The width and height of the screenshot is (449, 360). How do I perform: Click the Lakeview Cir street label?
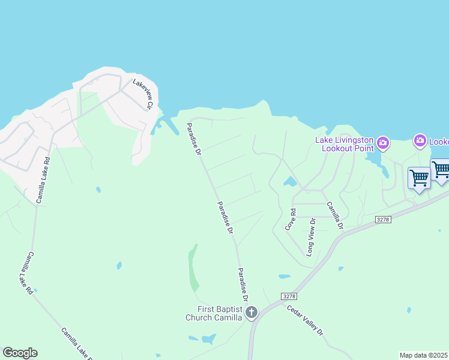pyautogui.click(x=143, y=95)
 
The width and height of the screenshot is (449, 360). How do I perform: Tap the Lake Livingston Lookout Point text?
pyautogui.click(x=345, y=144)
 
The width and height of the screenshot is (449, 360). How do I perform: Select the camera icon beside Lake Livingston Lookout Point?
pyautogui.click(x=383, y=143)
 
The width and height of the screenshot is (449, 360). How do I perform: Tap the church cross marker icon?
pyautogui.click(x=252, y=312)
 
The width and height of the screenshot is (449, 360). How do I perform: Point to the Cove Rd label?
pyautogui.click(x=291, y=220)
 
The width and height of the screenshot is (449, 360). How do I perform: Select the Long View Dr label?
pyautogui.click(x=311, y=238)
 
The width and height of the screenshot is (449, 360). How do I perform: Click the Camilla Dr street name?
pyautogui.click(x=334, y=215)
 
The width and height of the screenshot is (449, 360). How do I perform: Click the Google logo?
pyautogui.click(x=20, y=353)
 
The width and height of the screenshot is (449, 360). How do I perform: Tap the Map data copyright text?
pyautogui.click(x=424, y=355)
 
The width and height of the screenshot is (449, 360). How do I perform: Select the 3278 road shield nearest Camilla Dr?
pyautogui.click(x=383, y=220)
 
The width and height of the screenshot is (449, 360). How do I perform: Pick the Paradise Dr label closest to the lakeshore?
pyautogui.click(x=193, y=139)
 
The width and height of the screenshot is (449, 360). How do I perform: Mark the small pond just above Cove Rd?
pyautogui.click(x=291, y=181)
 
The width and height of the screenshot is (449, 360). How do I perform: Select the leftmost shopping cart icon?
pyautogui.click(x=419, y=178)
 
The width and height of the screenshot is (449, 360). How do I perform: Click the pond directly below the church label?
pyautogui.click(x=208, y=339)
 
